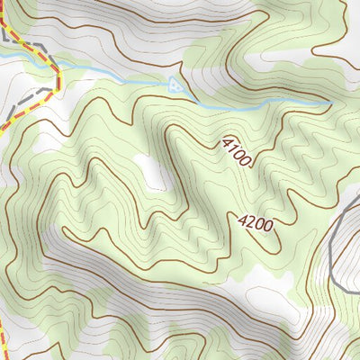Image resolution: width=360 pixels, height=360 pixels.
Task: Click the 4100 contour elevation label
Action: click(236, 150)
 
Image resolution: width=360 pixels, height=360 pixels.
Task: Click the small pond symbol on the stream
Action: click(175, 85)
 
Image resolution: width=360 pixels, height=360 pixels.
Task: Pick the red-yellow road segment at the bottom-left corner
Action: click(4, 346)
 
